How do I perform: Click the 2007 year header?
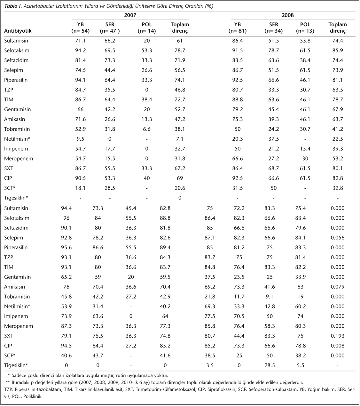(130, 15)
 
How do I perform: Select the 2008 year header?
(288, 15)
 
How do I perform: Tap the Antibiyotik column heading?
(18, 31)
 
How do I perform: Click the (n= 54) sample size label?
(80, 31)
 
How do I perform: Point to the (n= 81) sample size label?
(238, 31)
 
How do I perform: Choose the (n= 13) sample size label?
(305, 31)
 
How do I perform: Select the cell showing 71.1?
(80, 41)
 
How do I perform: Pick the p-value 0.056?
(338, 238)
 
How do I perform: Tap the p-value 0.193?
(338, 336)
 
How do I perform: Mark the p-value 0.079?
(338, 287)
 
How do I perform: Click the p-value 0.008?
(338, 346)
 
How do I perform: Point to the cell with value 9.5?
(80, 139)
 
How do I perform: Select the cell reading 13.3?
(147, 119)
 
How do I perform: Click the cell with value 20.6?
(180, 188)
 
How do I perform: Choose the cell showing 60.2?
(300, 306)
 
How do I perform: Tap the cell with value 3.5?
(210, 365)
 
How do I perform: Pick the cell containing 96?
(67, 218)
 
